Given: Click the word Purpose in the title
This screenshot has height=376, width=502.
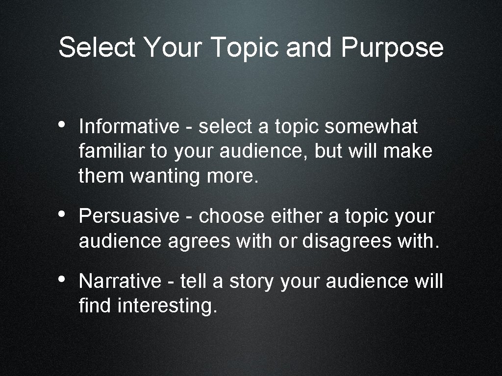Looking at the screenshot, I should click(392, 48).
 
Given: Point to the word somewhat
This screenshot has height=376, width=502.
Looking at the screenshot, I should click(371, 127).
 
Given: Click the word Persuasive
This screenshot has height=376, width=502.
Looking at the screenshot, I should click(129, 216).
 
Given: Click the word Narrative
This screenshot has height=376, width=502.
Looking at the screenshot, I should click(120, 282).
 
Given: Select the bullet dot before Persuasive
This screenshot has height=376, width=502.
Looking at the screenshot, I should click(62, 213).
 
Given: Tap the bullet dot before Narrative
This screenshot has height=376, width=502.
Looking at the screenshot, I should click(62, 279).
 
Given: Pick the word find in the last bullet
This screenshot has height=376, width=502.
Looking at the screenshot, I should click(95, 306).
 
